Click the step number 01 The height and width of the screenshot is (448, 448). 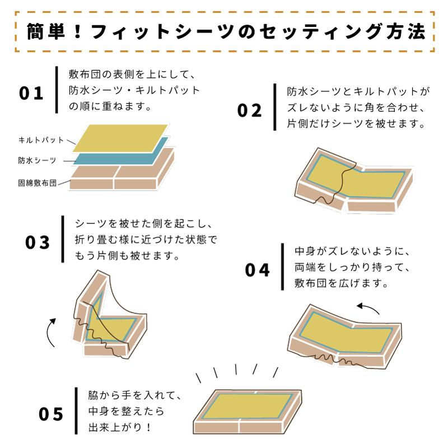(31, 92)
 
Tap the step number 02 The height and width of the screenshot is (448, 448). (250, 110)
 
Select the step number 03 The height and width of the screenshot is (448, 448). (38, 242)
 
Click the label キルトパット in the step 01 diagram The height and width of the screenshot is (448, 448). (40, 140)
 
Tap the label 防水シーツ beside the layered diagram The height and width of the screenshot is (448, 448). (37, 161)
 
